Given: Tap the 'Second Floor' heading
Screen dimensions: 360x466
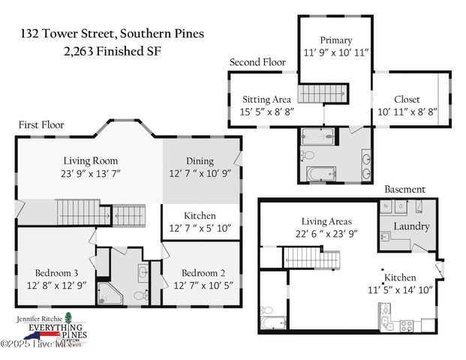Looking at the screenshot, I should (x=257, y=62).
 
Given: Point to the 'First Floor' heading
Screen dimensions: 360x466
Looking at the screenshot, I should (x=41, y=125).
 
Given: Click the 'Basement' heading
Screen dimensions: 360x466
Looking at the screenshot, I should (x=404, y=190).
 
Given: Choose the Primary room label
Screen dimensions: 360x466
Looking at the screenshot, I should (x=335, y=40).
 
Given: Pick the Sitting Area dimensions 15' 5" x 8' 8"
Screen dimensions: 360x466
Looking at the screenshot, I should (x=267, y=111).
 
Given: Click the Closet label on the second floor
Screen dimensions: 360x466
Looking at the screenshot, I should (x=407, y=99).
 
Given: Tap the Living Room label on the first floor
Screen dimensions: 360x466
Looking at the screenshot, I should (x=90, y=160).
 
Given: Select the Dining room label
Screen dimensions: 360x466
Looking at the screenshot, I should (x=200, y=160).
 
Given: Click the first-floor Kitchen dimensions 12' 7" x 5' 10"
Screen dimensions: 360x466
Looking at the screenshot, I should (x=200, y=228).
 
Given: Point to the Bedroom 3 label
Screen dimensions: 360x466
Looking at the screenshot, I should (x=55, y=272).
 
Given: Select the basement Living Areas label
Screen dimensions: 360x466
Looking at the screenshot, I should (x=326, y=221).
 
